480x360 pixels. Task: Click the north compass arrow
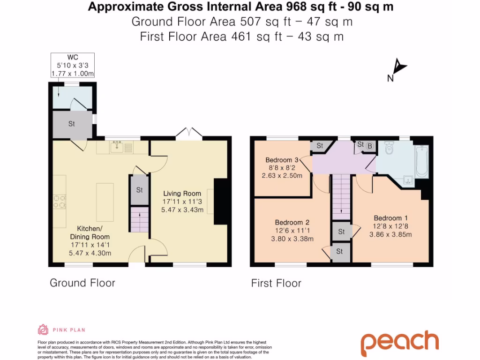(x=398, y=67)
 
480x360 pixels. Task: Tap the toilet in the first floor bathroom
(x=388, y=149)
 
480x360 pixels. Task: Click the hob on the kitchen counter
(x=60, y=201)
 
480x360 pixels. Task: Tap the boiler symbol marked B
(x=370, y=146)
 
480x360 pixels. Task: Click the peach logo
(x=399, y=343)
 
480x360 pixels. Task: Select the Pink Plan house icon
(x=43, y=330)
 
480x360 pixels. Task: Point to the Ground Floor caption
(x=82, y=283)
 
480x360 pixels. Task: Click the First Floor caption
(x=276, y=283)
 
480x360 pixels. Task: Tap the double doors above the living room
(x=189, y=134)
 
